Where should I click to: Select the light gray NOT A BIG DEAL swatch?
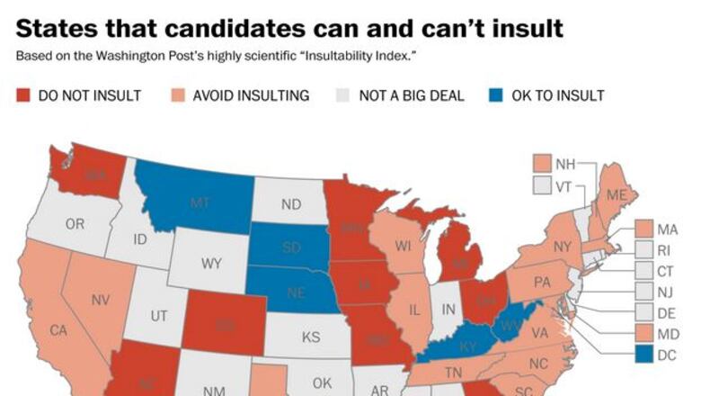point(342,95)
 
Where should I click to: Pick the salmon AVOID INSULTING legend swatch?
point(178,95)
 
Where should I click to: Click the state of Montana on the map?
point(200,203)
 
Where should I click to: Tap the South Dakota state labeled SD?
point(291,246)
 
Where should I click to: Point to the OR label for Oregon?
point(75,224)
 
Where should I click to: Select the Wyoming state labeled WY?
point(211,264)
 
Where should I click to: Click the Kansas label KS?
point(311,337)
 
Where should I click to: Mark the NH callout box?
point(541,164)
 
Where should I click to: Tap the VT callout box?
point(541,185)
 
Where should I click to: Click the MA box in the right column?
point(643,229)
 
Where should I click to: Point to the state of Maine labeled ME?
point(617,195)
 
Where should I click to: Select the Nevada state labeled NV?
point(101,298)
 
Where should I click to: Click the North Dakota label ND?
point(290,204)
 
